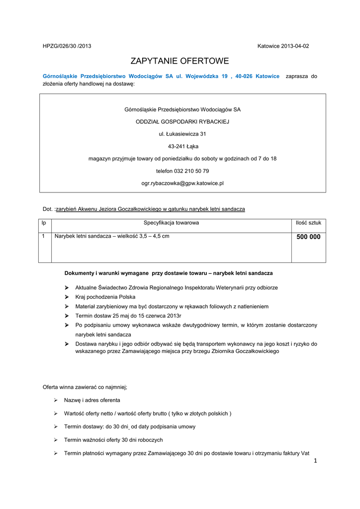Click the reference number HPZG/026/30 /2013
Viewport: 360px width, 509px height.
tap(67, 46)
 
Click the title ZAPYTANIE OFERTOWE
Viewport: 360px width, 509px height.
tap(180, 61)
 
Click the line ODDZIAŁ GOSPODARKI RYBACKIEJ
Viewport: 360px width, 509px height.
tap(182, 121)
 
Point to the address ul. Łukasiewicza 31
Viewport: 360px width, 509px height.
tap(182, 134)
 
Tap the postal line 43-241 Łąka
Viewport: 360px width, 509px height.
tap(183, 146)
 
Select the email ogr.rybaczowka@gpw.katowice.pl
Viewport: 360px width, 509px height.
tap(182, 183)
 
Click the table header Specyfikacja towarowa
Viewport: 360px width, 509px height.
tap(171, 223)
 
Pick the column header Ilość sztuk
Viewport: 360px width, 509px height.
tap(308, 223)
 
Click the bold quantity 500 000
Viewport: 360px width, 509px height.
tap(308, 237)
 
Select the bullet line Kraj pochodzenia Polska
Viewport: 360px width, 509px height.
tap(105, 297)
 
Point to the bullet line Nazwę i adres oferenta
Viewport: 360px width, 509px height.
tap(92, 400)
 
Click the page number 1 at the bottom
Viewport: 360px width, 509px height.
tap(315, 461)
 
